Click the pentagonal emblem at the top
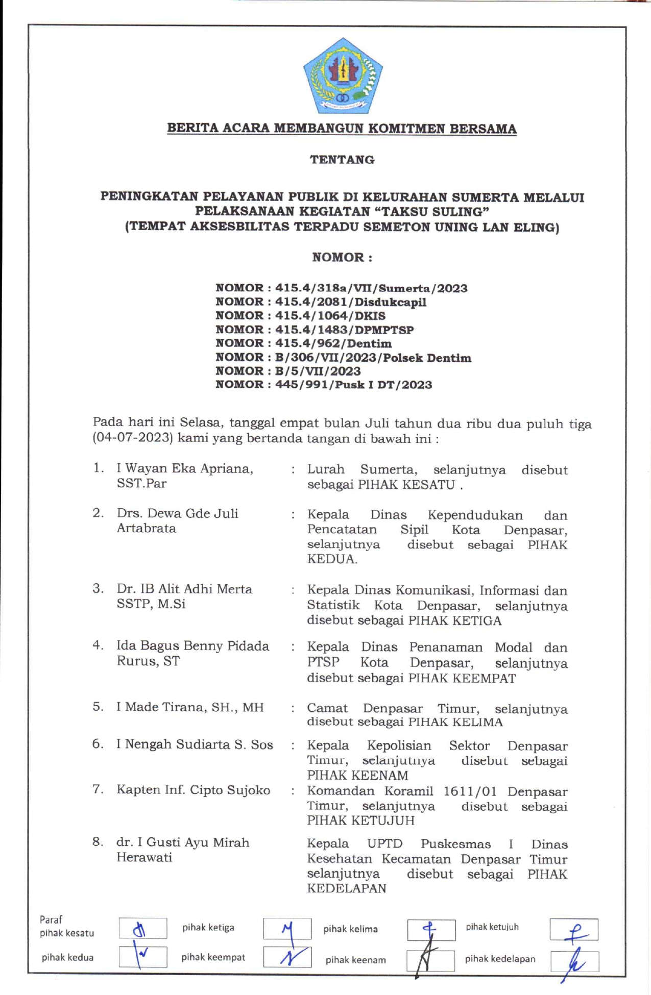click(x=343, y=76)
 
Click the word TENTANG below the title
click(x=342, y=160)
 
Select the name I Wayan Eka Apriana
click(x=184, y=468)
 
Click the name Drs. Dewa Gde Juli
click(x=177, y=513)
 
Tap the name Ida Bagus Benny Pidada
click(x=192, y=646)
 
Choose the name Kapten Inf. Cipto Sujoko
click(x=193, y=790)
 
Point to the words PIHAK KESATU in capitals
click(x=406, y=485)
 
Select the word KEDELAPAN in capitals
click(x=346, y=888)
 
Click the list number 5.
click(x=98, y=707)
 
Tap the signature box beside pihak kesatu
click(x=142, y=928)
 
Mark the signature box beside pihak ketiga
click(x=287, y=928)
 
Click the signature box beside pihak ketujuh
click(x=573, y=929)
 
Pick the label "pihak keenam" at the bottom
click(x=355, y=960)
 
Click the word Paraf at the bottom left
click(x=51, y=919)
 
